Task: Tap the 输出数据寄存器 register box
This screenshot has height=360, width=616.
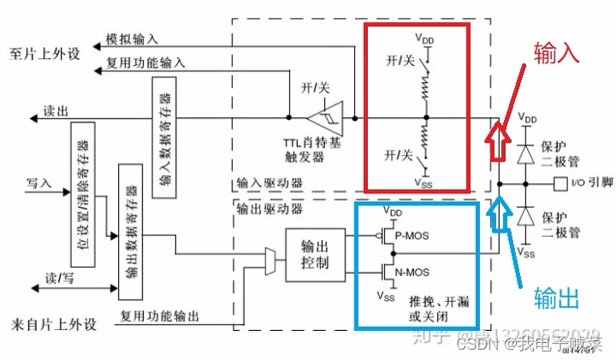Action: point(130,232)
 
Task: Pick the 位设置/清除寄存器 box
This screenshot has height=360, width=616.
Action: point(82,193)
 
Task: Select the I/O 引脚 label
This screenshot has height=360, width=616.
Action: point(588,182)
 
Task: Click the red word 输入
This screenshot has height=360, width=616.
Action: point(558,53)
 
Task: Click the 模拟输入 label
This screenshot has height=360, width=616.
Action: point(131,40)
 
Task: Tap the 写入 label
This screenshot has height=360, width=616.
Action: point(38,182)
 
